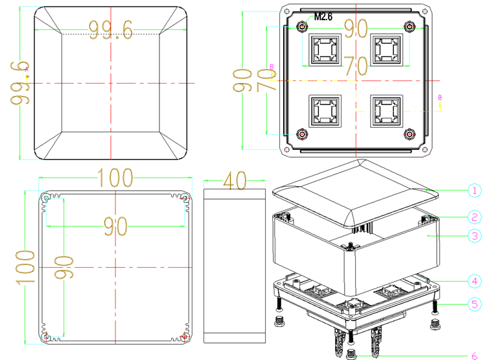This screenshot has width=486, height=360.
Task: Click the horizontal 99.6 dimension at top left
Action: click(110, 29)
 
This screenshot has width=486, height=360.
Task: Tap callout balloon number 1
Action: click(474, 190)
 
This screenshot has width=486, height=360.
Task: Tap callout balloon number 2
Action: click(474, 217)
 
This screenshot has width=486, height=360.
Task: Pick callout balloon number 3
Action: click(474, 236)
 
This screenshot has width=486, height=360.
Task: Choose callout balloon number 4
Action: click(474, 281)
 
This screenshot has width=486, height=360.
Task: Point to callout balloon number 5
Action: click(474, 304)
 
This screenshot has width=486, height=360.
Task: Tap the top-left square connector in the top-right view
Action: click(325, 49)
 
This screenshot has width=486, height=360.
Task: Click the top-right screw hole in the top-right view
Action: click(409, 27)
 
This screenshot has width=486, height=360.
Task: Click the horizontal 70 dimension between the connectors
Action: click(355, 66)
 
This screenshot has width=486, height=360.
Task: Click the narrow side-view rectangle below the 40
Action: click(235, 266)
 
